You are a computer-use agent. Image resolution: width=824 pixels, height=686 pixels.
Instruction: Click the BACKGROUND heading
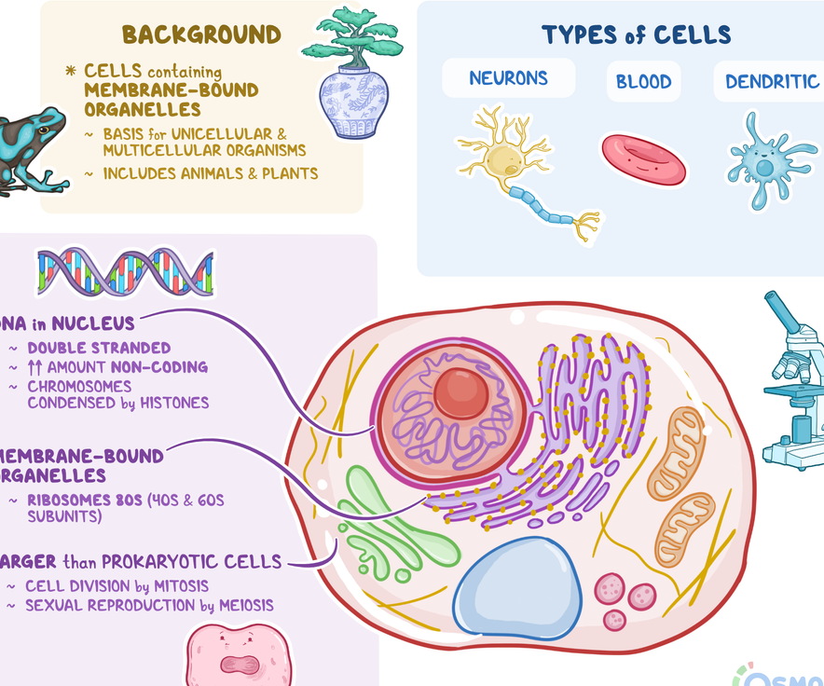point(201,35)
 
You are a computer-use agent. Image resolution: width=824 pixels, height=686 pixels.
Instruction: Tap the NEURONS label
point(508,78)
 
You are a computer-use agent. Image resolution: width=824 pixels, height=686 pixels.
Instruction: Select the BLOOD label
point(643,82)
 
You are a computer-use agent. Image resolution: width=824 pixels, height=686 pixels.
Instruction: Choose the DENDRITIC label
point(772,82)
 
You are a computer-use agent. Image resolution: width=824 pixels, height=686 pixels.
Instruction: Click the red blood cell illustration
point(643,158)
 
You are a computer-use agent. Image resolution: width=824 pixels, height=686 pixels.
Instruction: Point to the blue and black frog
point(33,149)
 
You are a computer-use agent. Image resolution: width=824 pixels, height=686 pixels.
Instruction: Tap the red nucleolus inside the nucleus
point(460,392)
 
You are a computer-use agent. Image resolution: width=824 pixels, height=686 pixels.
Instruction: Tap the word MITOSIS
point(178,586)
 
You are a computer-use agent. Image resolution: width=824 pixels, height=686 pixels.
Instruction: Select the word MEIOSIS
point(247,606)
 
